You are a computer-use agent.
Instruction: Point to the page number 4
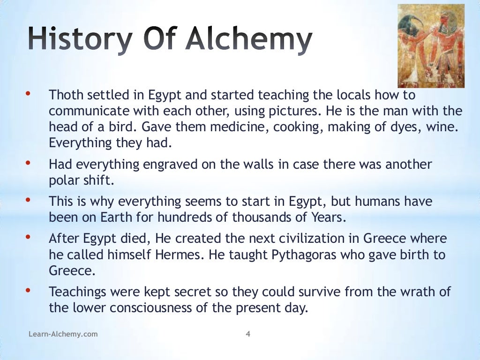pyautogui.click(x=248, y=334)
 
